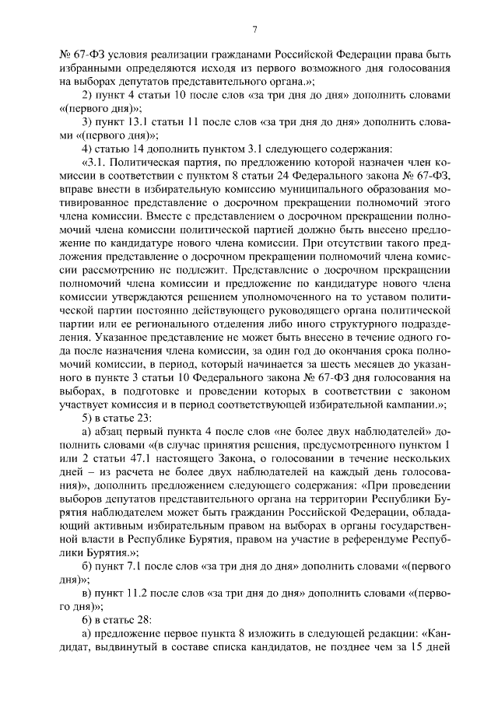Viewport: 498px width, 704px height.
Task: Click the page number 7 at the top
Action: tap(254, 30)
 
